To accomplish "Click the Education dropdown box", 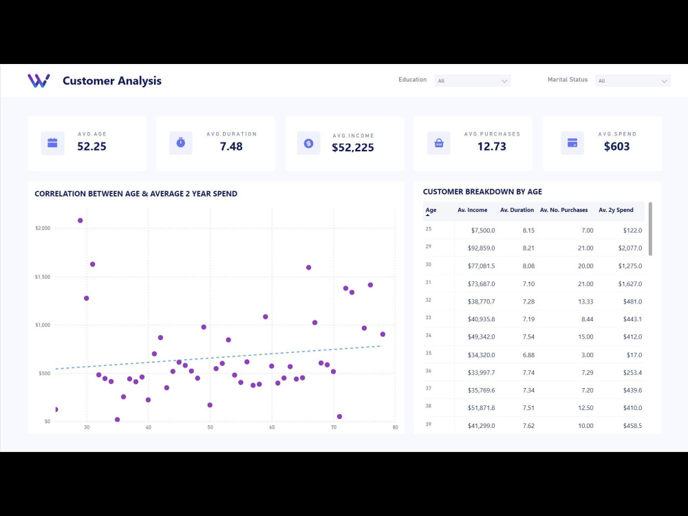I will click(x=472, y=80).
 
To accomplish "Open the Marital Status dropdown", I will click(x=632, y=80).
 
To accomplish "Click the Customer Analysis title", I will click(x=112, y=80).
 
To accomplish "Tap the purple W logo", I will click(x=39, y=80).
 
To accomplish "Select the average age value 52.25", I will click(x=92, y=146).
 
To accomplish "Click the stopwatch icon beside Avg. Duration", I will click(x=181, y=142).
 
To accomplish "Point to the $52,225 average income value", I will click(x=353, y=147).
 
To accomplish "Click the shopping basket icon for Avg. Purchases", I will click(x=439, y=143).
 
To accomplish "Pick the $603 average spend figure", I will click(x=616, y=146).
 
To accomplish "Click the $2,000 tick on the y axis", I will click(x=43, y=228).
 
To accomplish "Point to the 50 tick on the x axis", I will click(x=210, y=427).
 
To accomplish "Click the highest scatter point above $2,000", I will click(x=80, y=221).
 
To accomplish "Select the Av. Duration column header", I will click(x=517, y=210).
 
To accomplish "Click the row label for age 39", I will click(x=429, y=425).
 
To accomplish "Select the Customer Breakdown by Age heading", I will click(x=482, y=192).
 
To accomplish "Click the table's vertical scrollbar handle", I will click(x=650, y=228).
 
